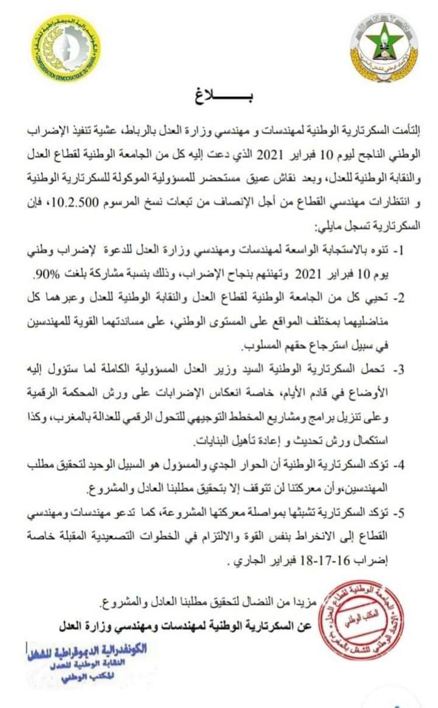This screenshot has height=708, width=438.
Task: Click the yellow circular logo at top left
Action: tap(65, 47)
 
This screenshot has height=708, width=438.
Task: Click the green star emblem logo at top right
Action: tap(384, 47)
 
